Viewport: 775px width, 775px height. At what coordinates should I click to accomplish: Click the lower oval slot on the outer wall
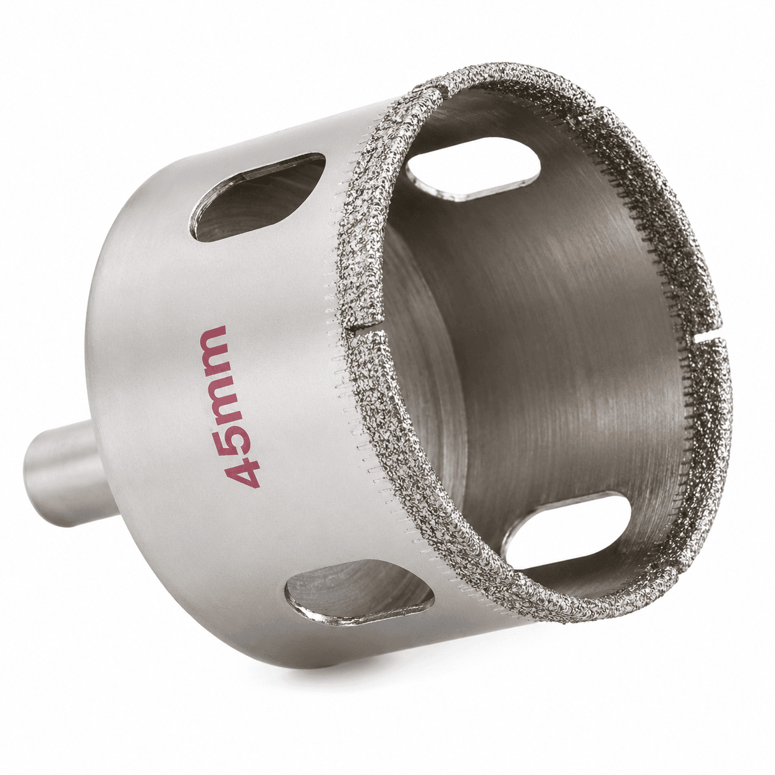(359, 588)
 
